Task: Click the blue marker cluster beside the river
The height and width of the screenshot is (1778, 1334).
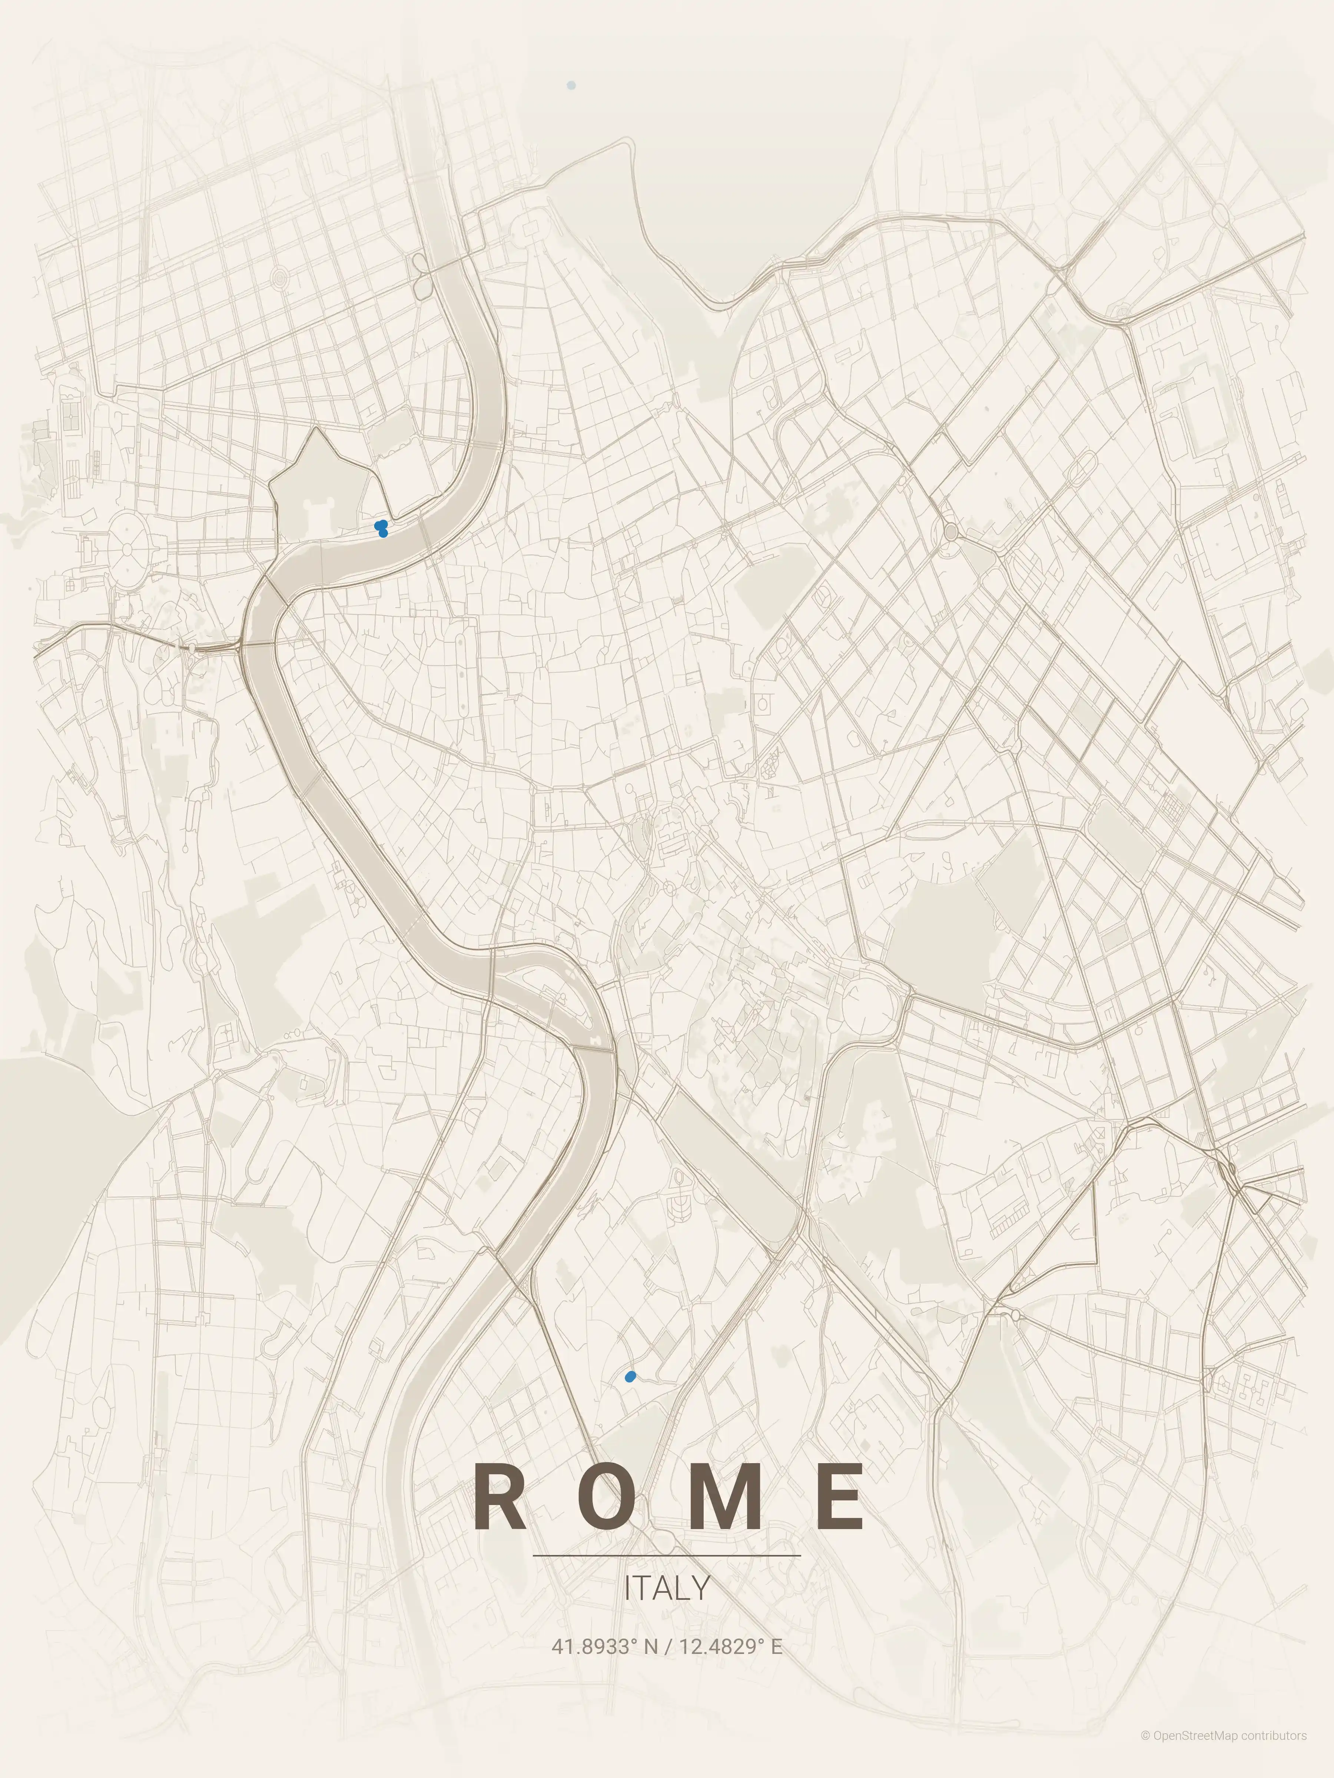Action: coord(381,528)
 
